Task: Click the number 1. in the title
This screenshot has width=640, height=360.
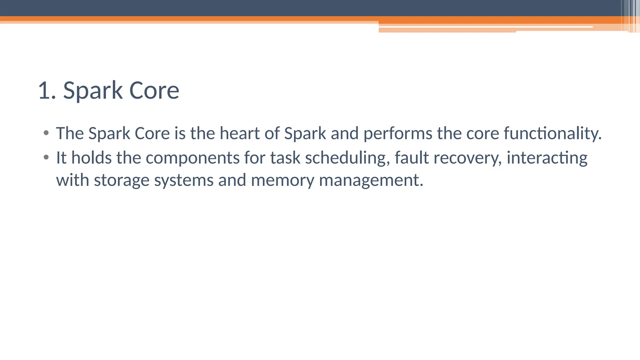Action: point(47,91)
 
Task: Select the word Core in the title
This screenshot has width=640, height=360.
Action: point(154,91)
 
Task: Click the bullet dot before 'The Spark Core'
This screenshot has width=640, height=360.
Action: point(46,133)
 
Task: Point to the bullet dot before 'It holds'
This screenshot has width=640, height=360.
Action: point(46,157)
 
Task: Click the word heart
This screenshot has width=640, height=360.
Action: point(240,133)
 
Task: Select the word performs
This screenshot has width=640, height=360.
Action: point(398,134)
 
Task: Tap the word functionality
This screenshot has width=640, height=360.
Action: point(552,134)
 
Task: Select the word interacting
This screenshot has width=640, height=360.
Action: point(547,158)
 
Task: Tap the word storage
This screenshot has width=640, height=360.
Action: point(122,181)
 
